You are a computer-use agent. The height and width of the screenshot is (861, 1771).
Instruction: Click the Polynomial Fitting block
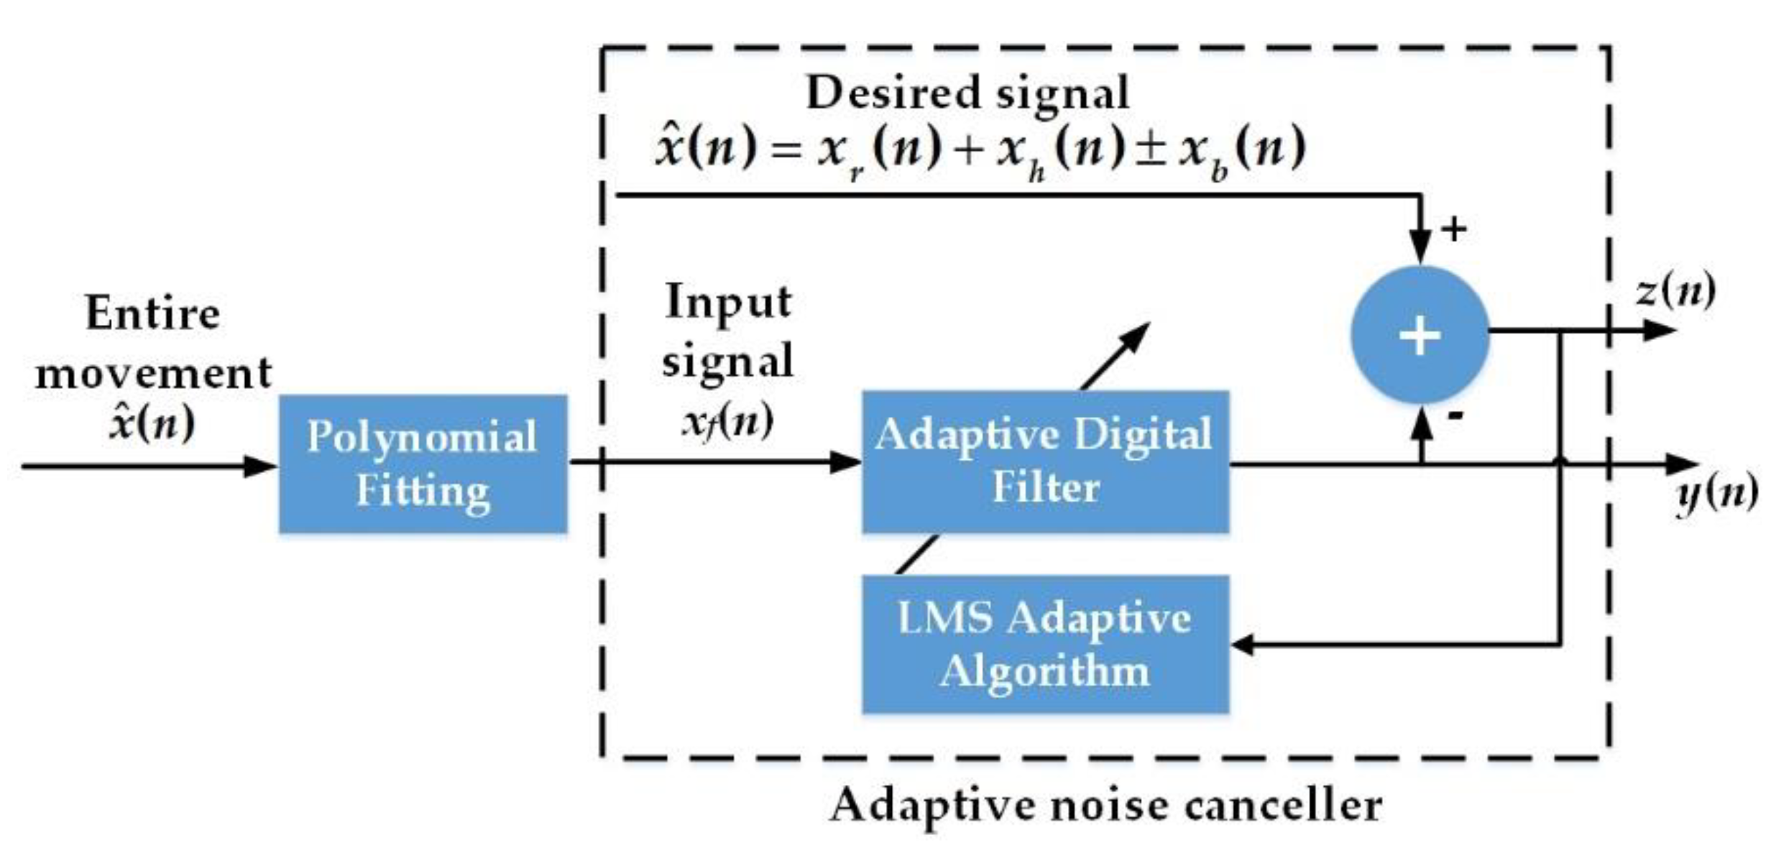pos(423,464)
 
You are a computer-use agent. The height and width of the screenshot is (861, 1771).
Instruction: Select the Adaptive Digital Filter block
pos(1044,461)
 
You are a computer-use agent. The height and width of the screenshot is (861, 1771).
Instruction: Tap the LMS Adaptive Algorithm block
pos(1044,644)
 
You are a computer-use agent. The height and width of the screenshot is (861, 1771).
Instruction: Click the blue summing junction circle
pos(1420,335)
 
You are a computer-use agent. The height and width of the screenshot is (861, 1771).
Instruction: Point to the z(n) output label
pos(1675,291)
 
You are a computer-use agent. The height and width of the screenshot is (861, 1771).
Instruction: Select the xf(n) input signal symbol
pos(727,421)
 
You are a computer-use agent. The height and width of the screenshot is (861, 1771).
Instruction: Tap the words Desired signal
pos(967,93)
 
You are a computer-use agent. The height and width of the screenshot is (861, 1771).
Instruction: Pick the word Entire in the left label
pos(152,314)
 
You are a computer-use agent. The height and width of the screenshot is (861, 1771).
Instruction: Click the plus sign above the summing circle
pos(1454,229)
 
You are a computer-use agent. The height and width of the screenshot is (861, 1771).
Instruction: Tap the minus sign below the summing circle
pos(1455,415)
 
